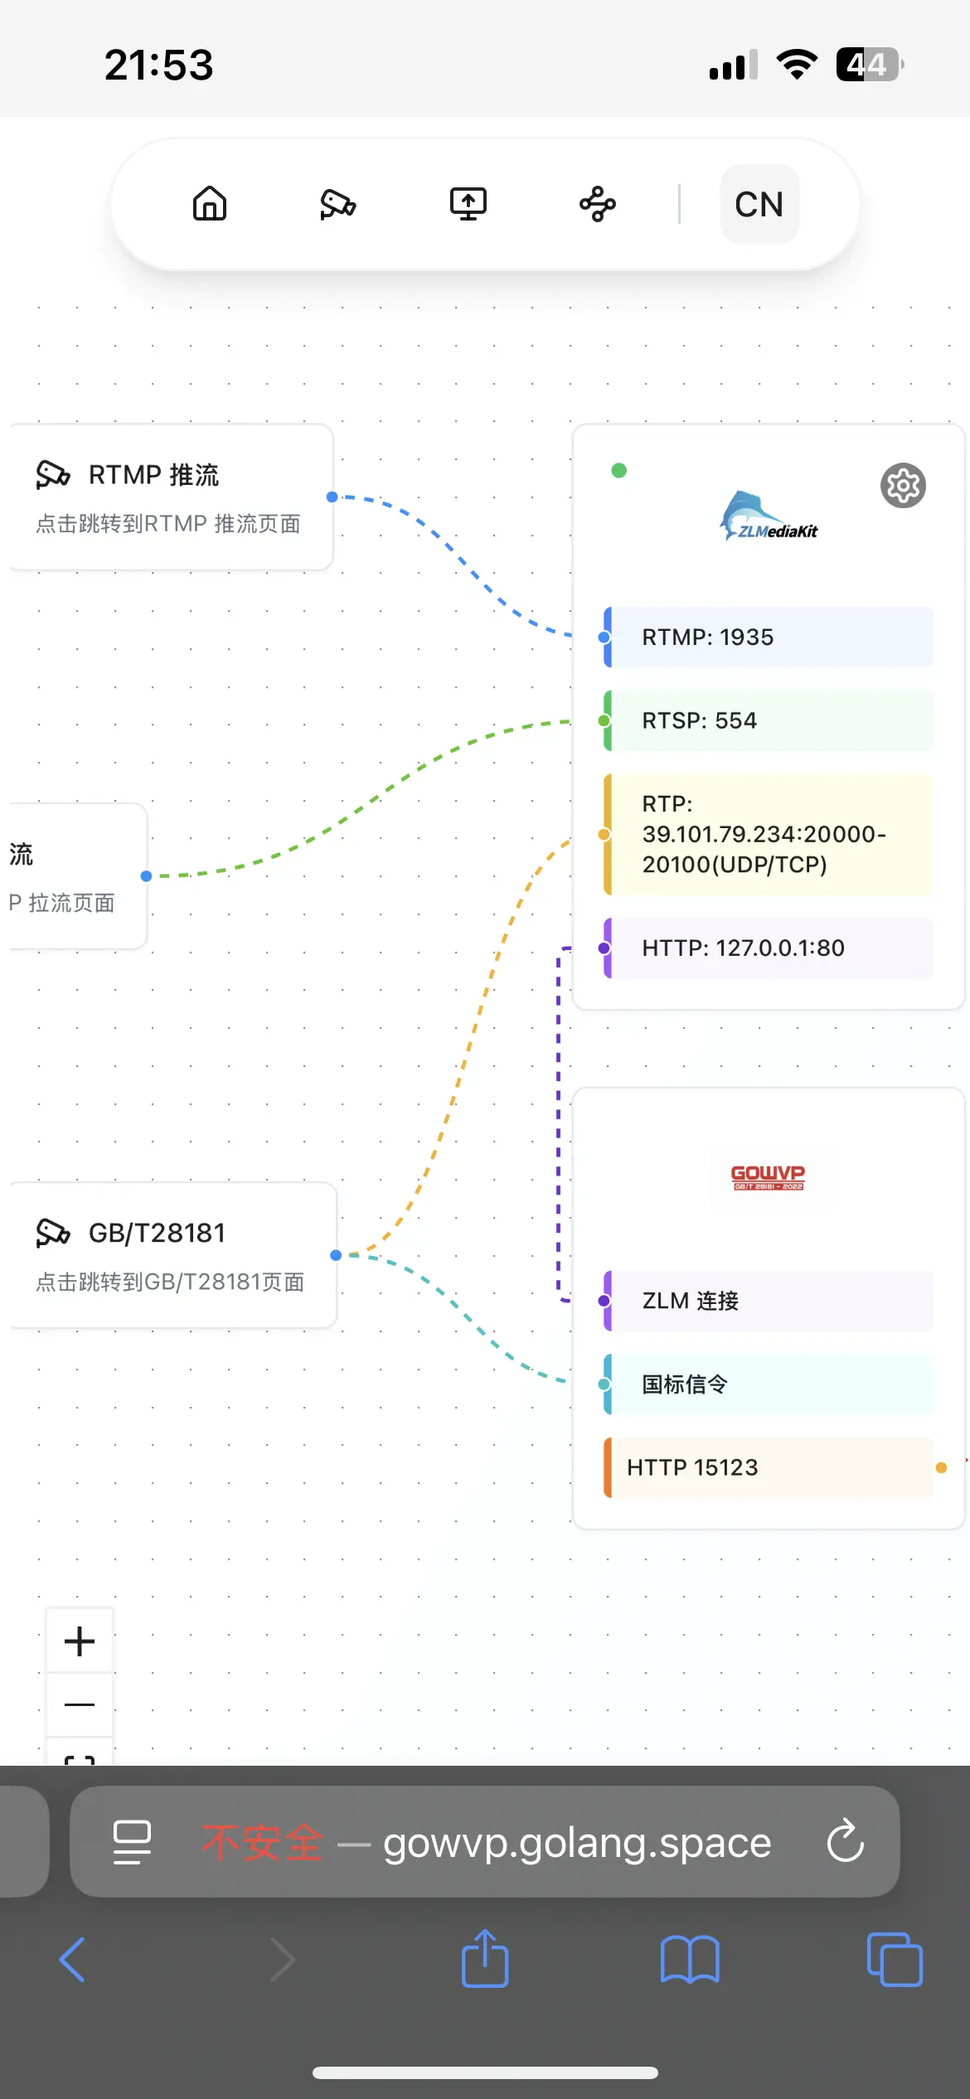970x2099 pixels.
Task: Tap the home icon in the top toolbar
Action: coord(210,204)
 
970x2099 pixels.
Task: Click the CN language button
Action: coord(759,204)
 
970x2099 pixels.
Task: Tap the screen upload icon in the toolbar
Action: coord(468,204)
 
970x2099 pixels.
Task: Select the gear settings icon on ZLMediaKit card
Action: coord(903,486)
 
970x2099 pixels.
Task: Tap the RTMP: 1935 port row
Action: coord(769,637)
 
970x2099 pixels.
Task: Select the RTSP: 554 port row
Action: coord(769,720)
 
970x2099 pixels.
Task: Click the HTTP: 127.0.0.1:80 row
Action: coord(769,948)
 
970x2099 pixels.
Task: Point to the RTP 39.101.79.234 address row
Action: coord(769,834)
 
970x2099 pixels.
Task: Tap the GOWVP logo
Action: coord(768,1176)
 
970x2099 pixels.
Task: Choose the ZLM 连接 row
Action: coord(769,1301)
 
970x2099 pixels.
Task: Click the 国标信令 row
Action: coord(769,1384)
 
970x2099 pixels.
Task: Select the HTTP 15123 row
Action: coord(769,1467)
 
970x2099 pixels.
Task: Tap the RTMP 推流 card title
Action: coord(154,475)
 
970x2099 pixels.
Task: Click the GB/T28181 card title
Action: coord(157,1234)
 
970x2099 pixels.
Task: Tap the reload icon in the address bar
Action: coord(846,1841)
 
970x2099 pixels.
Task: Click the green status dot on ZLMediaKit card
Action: coord(618,471)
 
